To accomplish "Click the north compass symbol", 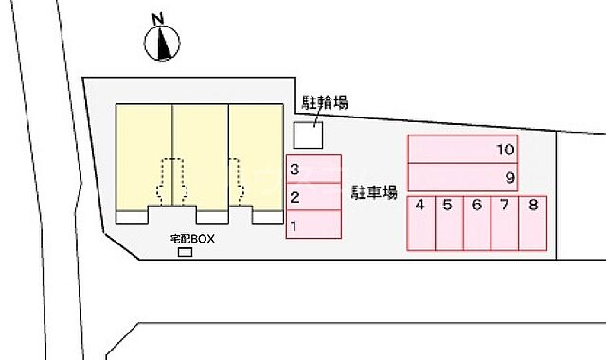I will pyautogui.click(x=163, y=42).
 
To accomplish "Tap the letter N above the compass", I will pyautogui.click(x=159, y=17).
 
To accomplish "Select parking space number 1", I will pyautogui.click(x=313, y=225).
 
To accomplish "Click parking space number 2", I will pyautogui.click(x=313, y=197).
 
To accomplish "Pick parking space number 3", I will pyautogui.click(x=313, y=170).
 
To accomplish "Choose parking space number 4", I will pyautogui.click(x=420, y=223).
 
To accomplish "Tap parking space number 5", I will pyautogui.click(x=449, y=223).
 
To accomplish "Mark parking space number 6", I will pyautogui.click(x=477, y=223).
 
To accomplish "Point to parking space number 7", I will pyautogui.click(x=506, y=223).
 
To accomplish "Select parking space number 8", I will pyautogui.click(x=534, y=223).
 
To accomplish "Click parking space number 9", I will pyautogui.click(x=464, y=177).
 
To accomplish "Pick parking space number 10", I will pyautogui.click(x=464, y=149).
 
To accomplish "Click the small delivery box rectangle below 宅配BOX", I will pyautogui.click(x=186, y=252).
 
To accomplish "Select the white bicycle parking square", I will pyautogui.click(x=307, y=135).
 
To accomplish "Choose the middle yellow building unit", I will pyautogui.click(x=200, y=152).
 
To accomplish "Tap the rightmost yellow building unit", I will pyautogui.click(x=256, y=152).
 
